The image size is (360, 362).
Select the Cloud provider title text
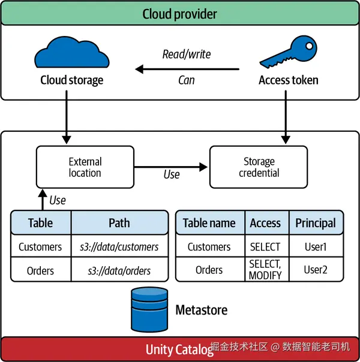(180, 13)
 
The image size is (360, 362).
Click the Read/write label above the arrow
(187, 54)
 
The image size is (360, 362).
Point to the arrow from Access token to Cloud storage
(187, 69)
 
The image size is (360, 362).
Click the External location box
(85, 168)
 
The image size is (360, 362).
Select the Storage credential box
(259, 168)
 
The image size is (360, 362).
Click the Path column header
(119, 223)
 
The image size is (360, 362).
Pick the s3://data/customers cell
(119, 246)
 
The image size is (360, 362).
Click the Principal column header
(316, 223)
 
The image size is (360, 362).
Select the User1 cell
(316, 246)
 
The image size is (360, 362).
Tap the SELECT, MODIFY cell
(265, 270)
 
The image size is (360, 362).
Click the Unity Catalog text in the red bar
(179, 349)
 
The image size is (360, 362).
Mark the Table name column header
(209, 223)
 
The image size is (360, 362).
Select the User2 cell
(316, 270)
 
